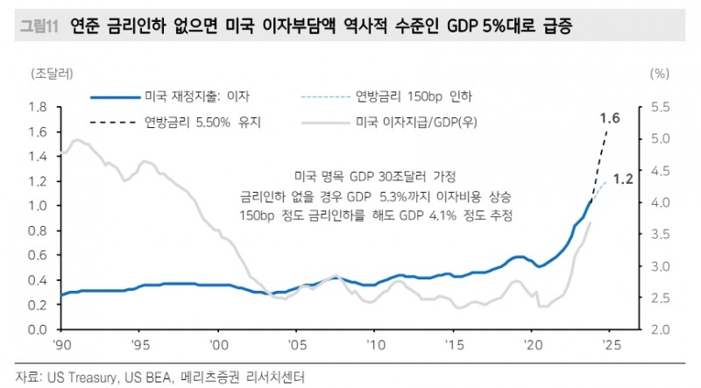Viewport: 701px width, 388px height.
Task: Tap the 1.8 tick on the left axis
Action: pos(37,107)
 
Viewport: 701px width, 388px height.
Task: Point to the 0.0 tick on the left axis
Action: pos(37,329)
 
